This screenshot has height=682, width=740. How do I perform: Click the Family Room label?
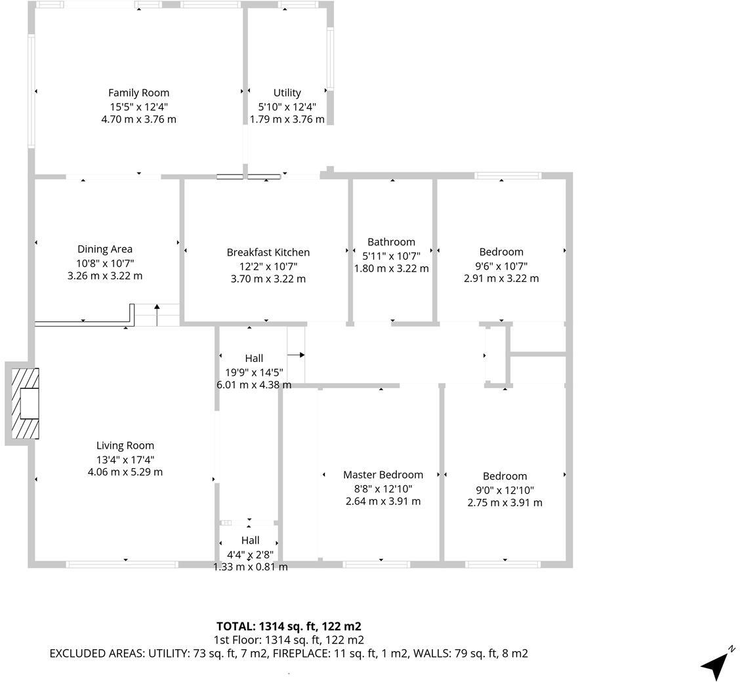coord(138,93)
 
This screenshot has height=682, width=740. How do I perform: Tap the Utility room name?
coord(287,93)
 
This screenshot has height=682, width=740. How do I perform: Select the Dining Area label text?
coord(105,249)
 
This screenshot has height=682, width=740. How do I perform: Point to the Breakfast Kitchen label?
coord(268,252)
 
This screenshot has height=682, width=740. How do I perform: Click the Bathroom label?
coord(391,242)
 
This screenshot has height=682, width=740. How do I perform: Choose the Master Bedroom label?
coord(383,475)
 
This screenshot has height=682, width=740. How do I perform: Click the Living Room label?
coord(125,446)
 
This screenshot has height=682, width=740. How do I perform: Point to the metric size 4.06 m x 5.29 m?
coord(125,472)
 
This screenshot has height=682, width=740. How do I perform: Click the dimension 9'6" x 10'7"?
coord(501,266)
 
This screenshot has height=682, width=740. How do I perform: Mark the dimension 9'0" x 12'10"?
coord(504,490)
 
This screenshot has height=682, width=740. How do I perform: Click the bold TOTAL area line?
coord(289,626)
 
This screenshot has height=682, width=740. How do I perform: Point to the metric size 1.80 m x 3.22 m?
coord(391,269)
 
